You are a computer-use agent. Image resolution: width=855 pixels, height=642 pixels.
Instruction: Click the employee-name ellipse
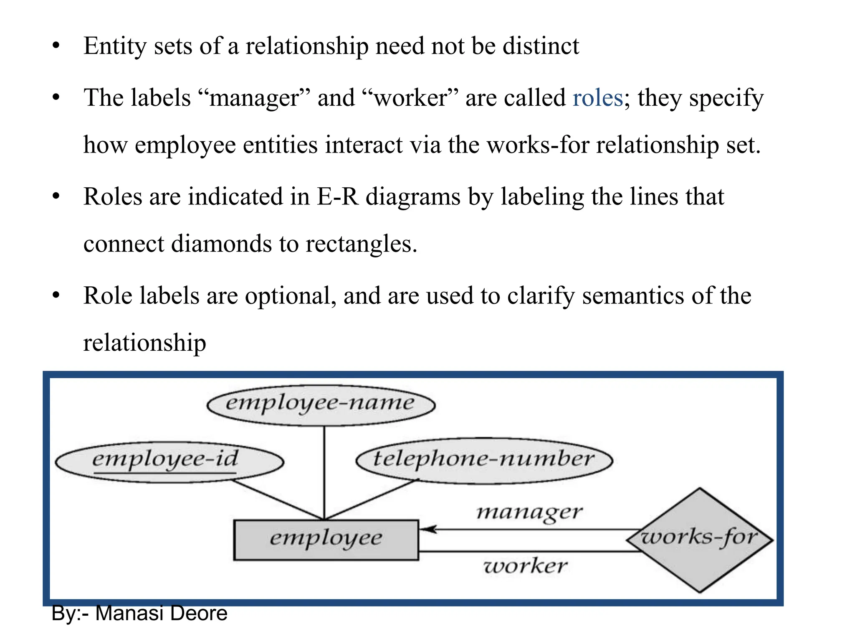pyautogui.click(x=321, y=405)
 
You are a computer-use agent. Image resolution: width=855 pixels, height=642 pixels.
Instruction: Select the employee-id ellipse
pyautogui.click(x=169, y=461)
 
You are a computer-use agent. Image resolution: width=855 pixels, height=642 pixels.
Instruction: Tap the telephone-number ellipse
pyautogui.click(x=484, y=460)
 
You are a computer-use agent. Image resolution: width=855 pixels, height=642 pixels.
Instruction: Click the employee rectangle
pyautogui.click(x=326, y=539)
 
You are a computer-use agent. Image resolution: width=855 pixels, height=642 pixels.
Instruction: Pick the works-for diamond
pyautogui.click(x=700, y=539)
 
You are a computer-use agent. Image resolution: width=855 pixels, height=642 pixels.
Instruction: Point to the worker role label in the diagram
pyautogui.click(x=525, y=566)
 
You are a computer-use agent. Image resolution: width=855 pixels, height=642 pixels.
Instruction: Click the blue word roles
pyautogui.click(x=597, y=98)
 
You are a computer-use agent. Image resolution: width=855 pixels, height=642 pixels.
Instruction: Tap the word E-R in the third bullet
pyautogui.click(x=337, y=196)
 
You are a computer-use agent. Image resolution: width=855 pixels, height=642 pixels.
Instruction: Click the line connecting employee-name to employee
pyautogui.click(x=324, y=472)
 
